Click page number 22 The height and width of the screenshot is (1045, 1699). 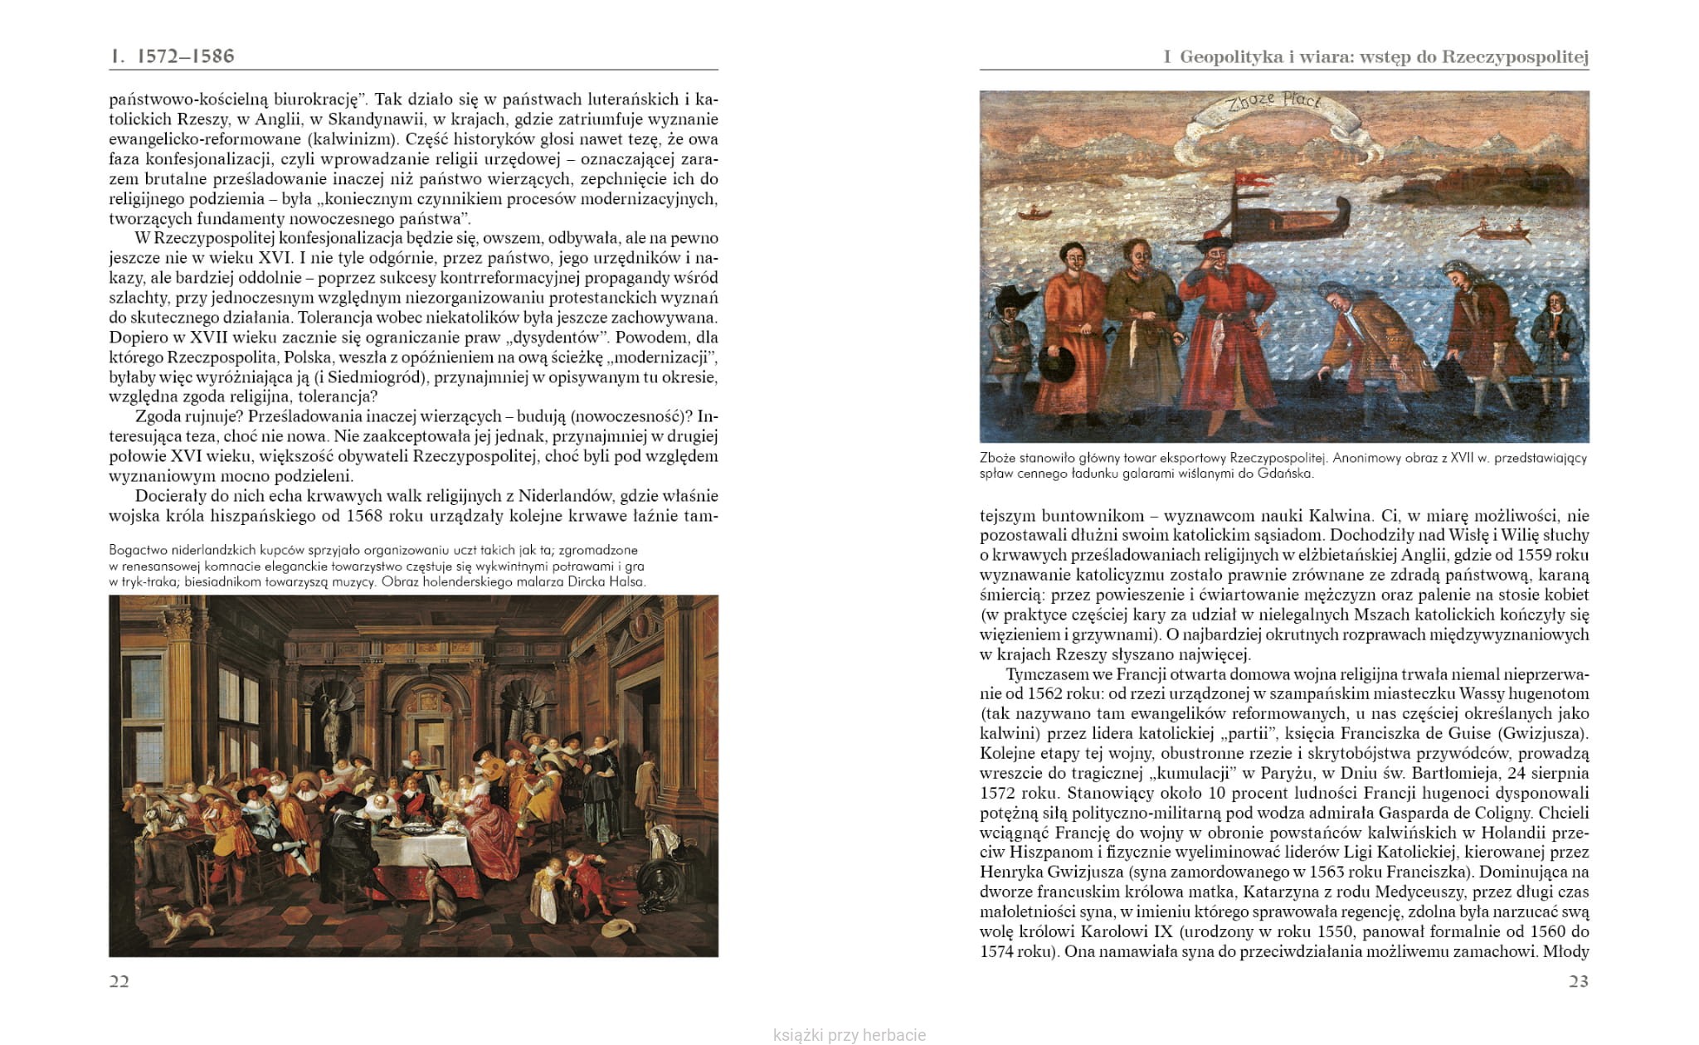(x=119, y=982)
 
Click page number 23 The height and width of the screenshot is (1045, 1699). (x=1578, y=982)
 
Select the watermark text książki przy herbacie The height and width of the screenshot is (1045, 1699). (x=849, y=1035)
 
